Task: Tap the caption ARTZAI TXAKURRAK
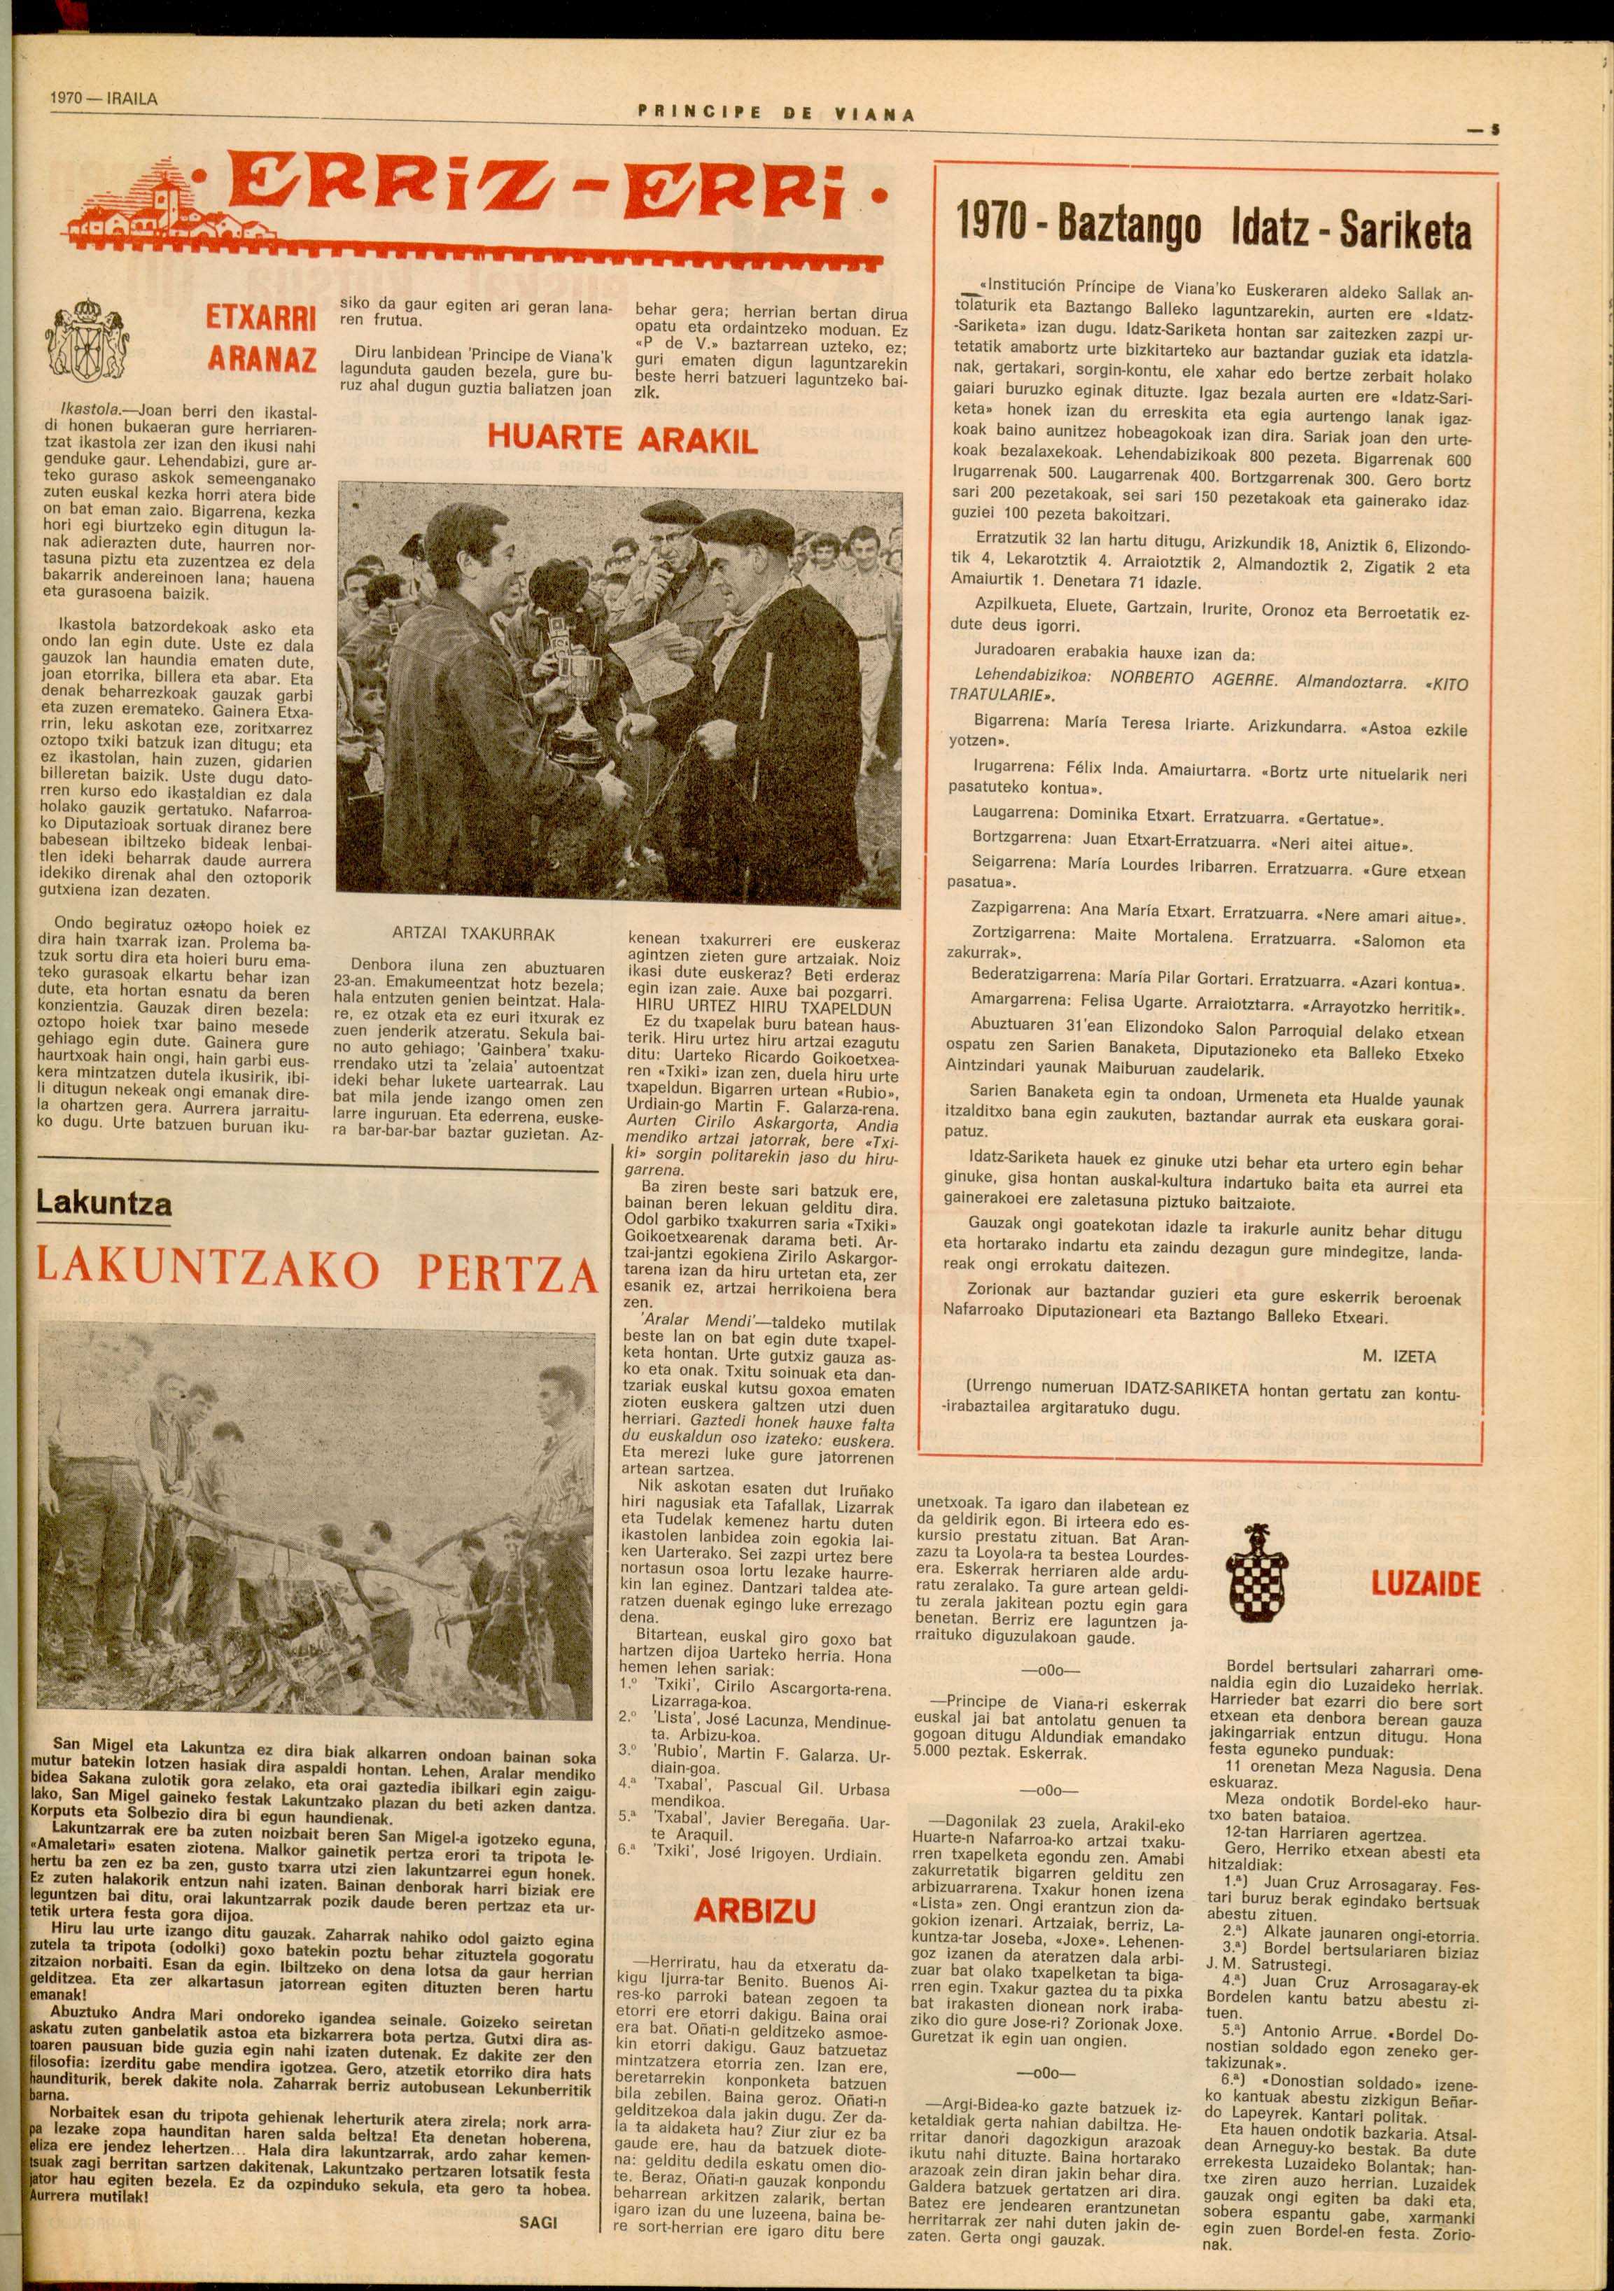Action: tap(473, 935)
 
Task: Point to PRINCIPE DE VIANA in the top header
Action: tap(774, 114)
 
